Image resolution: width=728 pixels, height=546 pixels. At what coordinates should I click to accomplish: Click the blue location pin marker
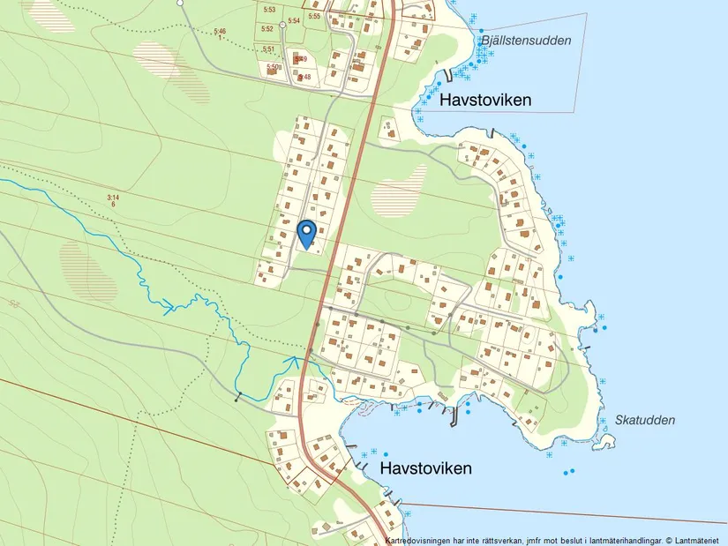pos(307,233)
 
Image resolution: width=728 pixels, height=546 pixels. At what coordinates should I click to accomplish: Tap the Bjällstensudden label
pos(526,41)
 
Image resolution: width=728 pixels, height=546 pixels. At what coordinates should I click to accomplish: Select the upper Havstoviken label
pos(485,101)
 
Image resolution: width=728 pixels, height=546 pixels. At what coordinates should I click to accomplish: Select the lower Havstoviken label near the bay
pos(425,468)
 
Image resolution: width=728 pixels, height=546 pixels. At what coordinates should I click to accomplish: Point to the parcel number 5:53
pos(269,10)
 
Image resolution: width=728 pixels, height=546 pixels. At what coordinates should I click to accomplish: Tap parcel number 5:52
pos(266,29)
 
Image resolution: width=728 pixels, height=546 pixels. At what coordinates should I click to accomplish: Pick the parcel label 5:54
pos(294,20)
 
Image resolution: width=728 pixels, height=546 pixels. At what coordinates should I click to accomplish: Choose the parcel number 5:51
pos(268,49)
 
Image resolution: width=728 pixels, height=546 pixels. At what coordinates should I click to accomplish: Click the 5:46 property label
pos(220,32)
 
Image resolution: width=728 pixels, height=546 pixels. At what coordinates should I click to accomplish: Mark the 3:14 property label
pos(112,198)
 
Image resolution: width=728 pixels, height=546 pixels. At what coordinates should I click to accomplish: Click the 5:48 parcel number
pos(305,78)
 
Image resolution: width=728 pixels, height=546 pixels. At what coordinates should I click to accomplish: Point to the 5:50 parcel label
pos(273,67)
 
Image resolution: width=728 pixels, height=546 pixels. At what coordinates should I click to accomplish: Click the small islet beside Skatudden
pos(607,440)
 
